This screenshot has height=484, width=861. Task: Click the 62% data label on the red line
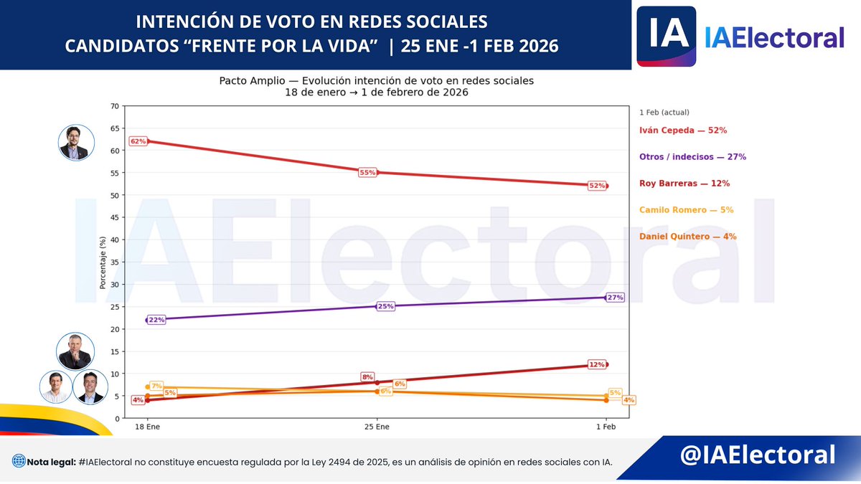(138, 141)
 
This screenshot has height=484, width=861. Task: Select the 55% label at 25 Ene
(367, 173)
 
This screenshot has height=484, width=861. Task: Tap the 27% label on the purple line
(615, 297)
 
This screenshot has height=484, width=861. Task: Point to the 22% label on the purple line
(157, 320)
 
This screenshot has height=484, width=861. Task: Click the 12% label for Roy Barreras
(596, 364)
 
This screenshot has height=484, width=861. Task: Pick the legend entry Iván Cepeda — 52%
(683, 131)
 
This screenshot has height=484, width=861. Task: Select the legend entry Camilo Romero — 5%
(686, 210)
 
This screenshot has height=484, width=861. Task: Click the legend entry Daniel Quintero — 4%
(687, 237)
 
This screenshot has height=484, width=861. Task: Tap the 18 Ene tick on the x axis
(147, 427)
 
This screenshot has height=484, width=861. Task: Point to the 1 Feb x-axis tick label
(606, 427)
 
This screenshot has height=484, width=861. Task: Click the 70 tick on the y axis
(115, 106)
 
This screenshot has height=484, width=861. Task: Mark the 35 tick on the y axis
(115, 262)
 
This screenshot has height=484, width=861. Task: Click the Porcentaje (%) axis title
(103, 262)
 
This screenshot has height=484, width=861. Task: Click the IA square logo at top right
(667, 36)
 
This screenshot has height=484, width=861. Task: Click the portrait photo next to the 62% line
(77, 143)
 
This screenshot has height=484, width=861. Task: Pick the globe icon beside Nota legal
(19, 462)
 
